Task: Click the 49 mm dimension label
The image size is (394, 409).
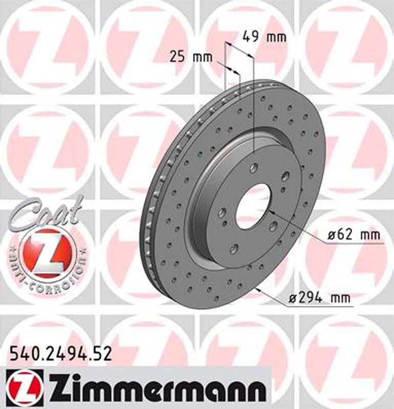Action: point(264,37)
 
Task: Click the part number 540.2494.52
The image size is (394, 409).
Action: point(61,353)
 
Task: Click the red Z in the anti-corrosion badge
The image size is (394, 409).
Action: point(48,253)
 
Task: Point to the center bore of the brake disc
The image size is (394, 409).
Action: point(253,206)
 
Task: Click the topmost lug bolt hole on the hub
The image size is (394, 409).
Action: point(254,167)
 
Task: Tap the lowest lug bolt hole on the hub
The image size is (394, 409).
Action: point(234,248)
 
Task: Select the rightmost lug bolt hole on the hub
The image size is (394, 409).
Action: point(285,176)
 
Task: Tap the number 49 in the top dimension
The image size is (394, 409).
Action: point(250,37)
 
